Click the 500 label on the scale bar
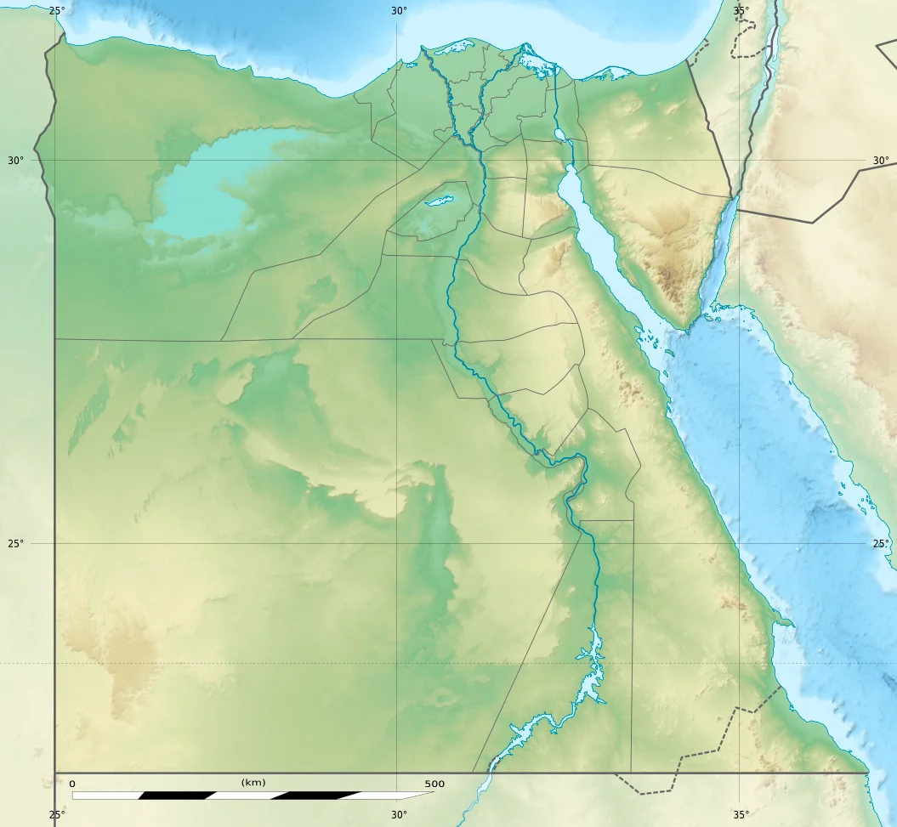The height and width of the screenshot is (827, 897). click(434, 784)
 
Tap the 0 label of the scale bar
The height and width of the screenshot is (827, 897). click(71, 784)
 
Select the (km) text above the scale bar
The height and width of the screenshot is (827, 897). click(253, 782)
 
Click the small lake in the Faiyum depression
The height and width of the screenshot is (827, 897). click(439, 201)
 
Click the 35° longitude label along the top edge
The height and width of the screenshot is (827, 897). click(741, 11)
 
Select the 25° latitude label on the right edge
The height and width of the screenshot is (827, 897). click(881, 543)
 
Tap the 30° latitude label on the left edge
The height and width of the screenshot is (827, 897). click(16, 161)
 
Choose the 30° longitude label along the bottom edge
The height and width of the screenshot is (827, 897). click(399, 815)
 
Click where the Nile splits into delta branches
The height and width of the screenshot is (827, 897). click(479, 145)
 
